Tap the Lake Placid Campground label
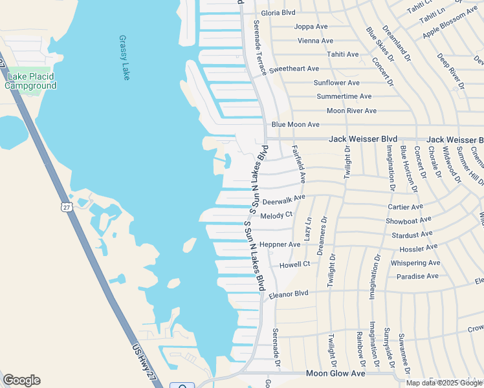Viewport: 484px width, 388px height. [x=30, y=81]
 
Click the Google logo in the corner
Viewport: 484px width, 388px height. [x=21, y=380]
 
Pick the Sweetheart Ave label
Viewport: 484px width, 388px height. [x=294, y=69]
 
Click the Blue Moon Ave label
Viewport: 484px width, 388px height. [x=296, y=124]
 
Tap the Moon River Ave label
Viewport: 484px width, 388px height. [x=351, y=111]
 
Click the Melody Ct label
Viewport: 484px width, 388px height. [x=276, y=215]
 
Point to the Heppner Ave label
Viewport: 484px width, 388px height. [x=280, y=244]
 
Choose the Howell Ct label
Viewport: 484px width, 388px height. [x=294, y=264]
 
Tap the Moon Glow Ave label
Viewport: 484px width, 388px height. [x=335, y=374]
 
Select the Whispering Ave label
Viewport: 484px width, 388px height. [x=415, y=263]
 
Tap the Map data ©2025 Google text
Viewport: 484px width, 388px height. [x=445, y=383]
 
